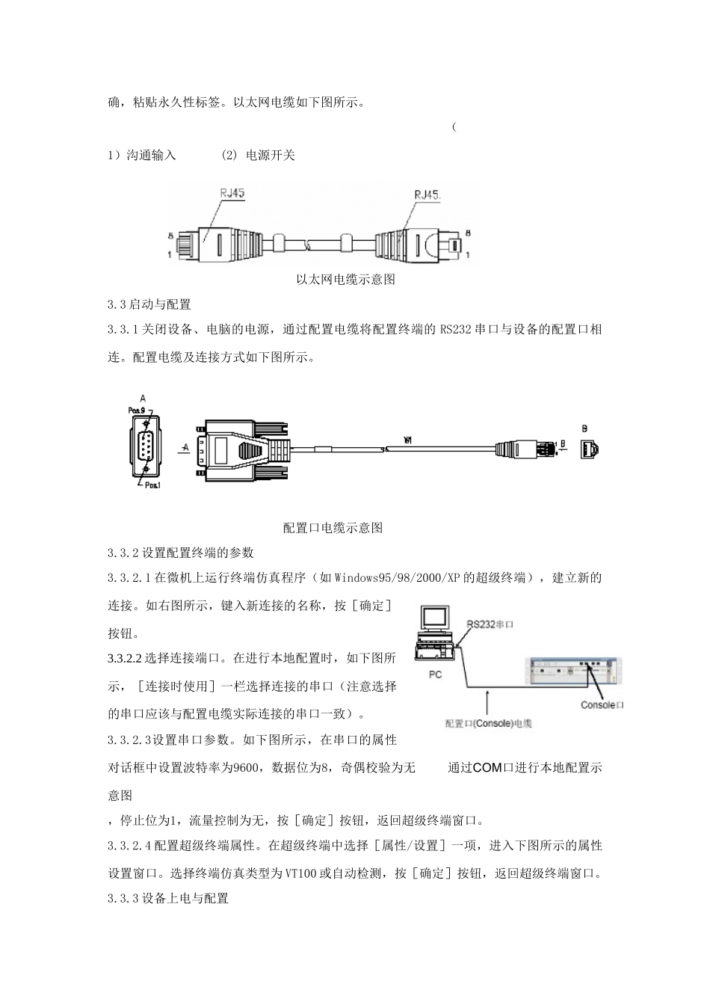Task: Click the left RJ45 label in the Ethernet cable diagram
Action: click(x=232, y=193)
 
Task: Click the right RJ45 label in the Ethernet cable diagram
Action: click(x=427, y=195)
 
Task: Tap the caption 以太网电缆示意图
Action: click(x=345, y=280)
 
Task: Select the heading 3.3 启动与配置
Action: click(x=149, y=304)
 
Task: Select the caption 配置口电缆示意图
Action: click(x=333, y=528)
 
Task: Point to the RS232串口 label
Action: click(x=491, y=624)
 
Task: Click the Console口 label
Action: click(x=602, y=705)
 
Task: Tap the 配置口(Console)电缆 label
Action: click(x=488, y=723)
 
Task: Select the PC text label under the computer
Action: click(x=435, y=674)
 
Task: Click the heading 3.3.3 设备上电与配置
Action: click(x=168, y=898)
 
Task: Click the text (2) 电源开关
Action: click(x=259, y=156)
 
